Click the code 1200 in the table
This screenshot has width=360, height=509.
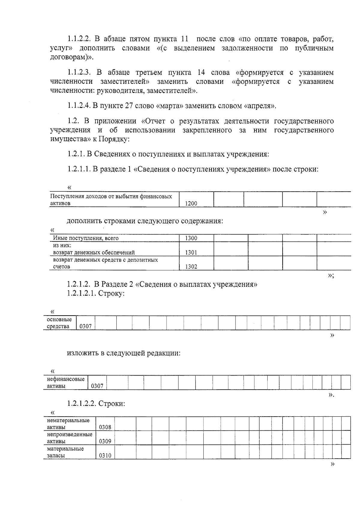click(x=191, y=203)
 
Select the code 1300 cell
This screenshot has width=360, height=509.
click(x=191, y=238)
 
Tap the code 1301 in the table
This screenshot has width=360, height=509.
click(x=191, y=252)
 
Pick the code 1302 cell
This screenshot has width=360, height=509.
click(x=191, y=266)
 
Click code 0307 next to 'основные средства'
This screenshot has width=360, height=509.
click(x=85, y=326)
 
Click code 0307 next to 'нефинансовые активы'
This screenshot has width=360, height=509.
click(x=97, y=386)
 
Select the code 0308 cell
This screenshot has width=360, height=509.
click(x=105, y=427)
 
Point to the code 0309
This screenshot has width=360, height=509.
click(x=105, y=441)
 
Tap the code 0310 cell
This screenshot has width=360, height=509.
click(x=105, y=455)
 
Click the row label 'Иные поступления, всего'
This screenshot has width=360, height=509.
click(x=86, y=238)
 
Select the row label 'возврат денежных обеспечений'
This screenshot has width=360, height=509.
click(x=94, y=252)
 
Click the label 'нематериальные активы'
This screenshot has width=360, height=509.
click(x=68, y=424)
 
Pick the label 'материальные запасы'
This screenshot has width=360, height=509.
click(x=65, y=452)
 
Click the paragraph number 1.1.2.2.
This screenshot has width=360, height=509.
click(x=79, y=39)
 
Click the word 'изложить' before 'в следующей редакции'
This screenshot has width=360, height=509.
click(x=82, y=353)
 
